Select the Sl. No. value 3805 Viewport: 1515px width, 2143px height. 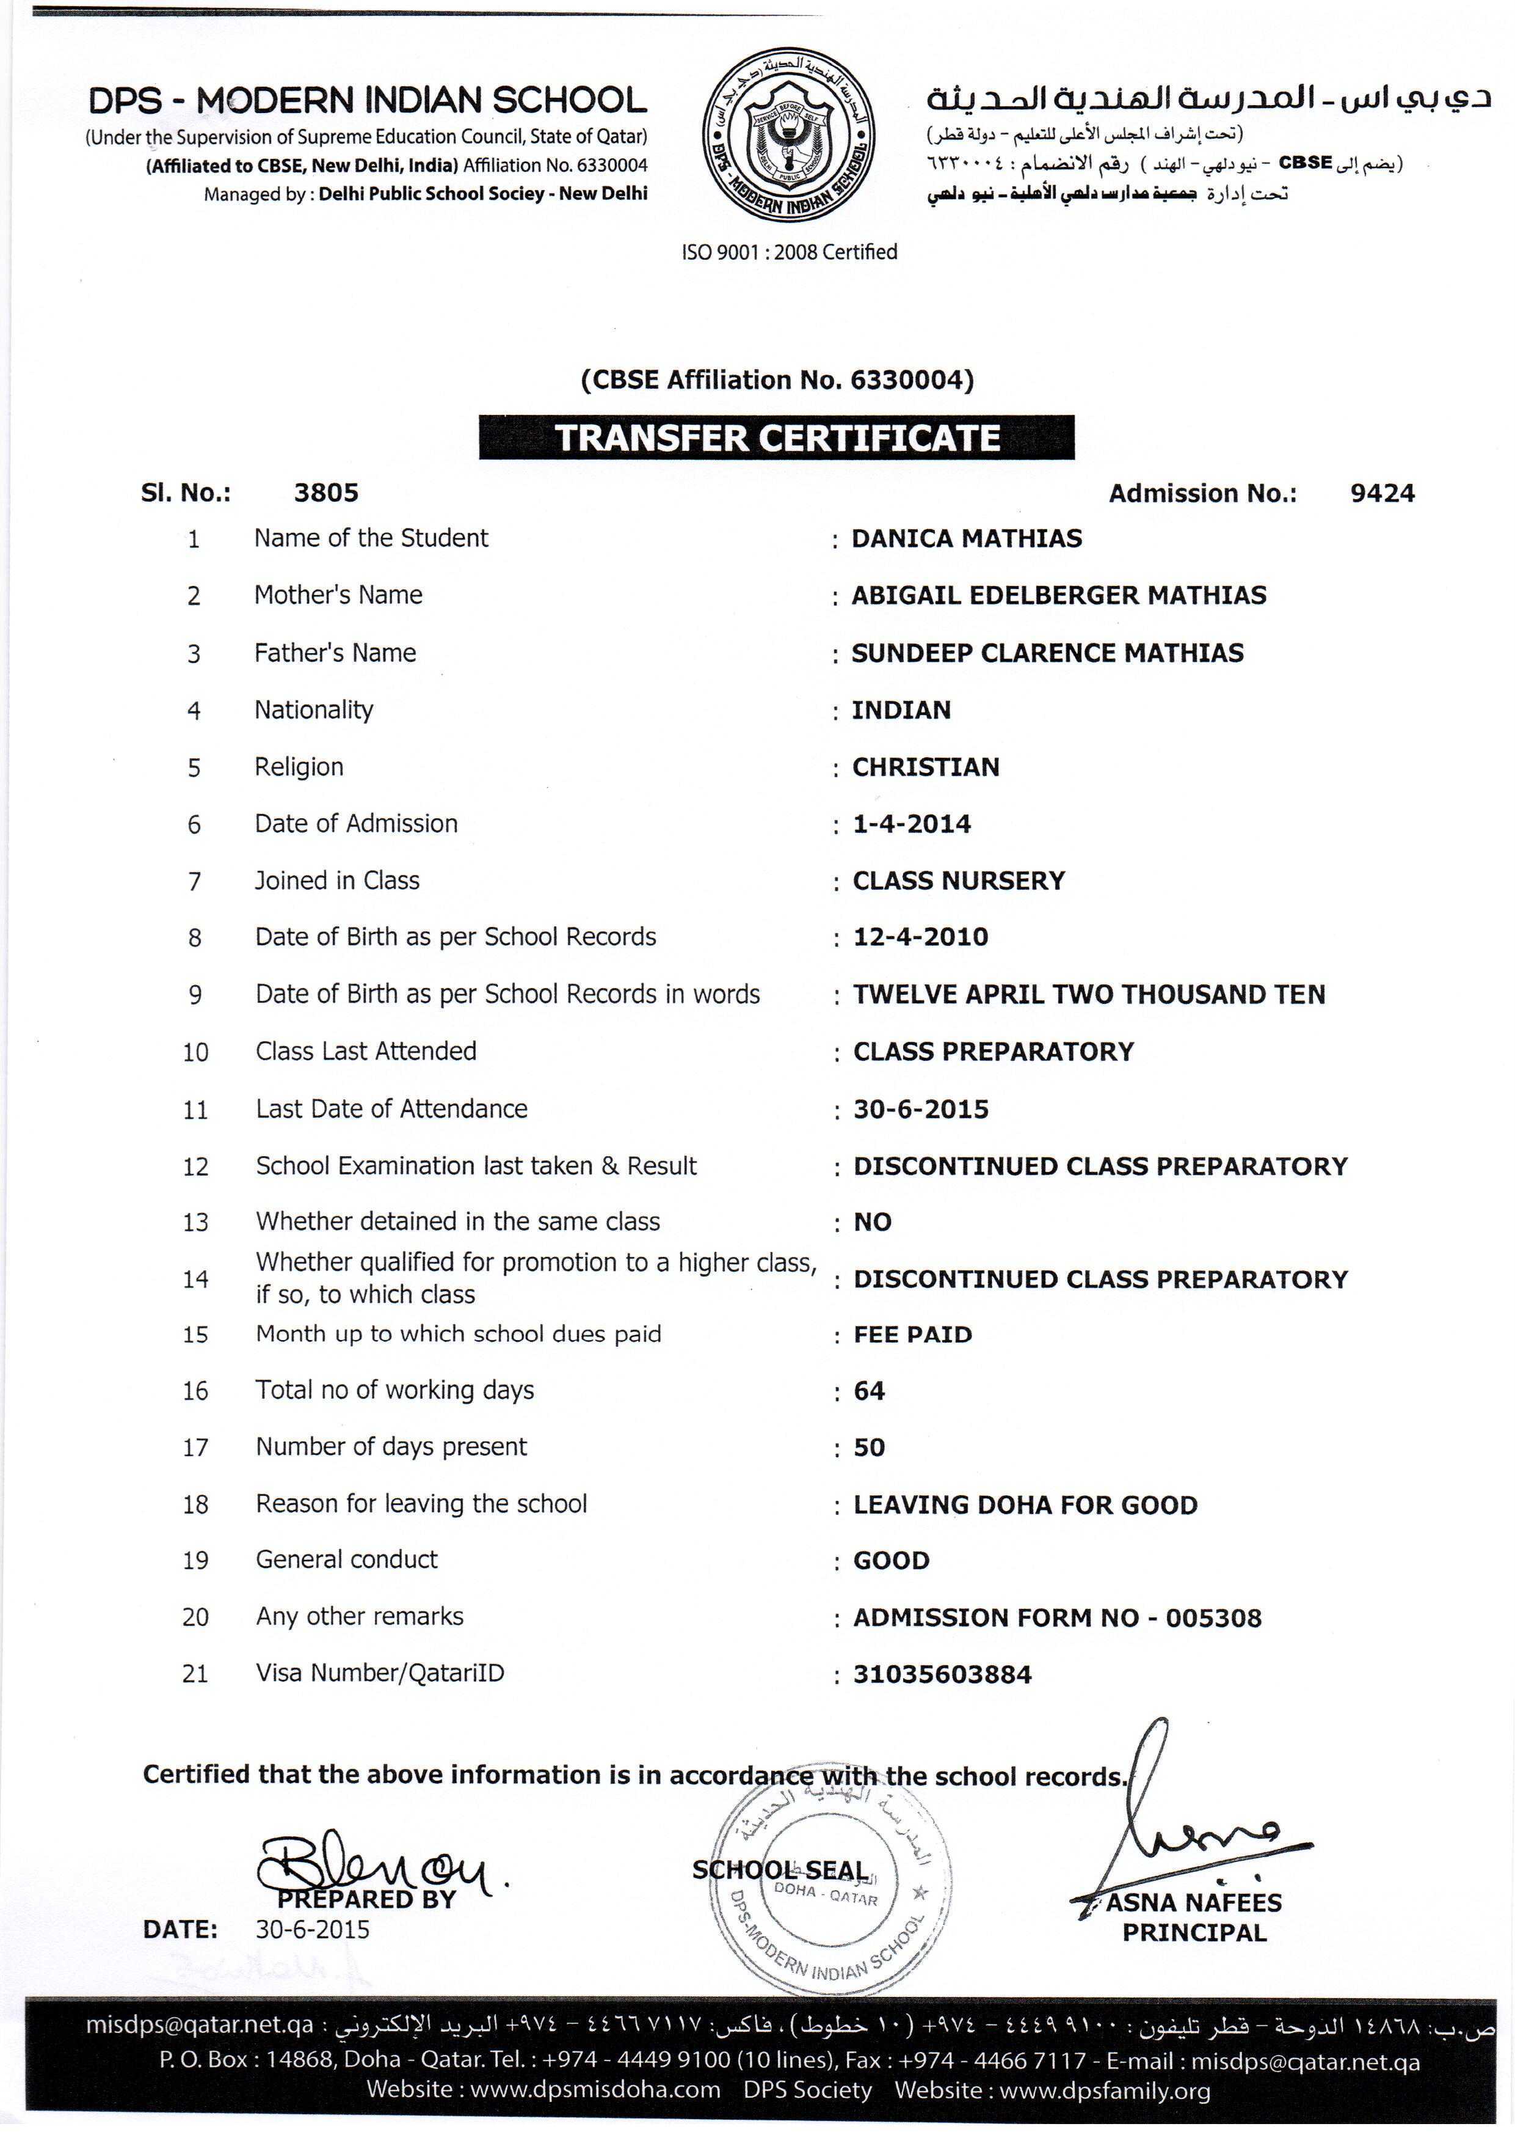click(x=325, y=493)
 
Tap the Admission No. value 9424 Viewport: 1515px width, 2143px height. click(x=1382, y=494)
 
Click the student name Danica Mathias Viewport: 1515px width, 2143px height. click(x=967, y=538)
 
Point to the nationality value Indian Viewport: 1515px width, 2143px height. click(x=901, y=710)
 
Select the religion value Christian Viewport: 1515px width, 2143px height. click(x=925, y=767)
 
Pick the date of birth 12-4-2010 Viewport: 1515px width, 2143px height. click(x=920, y=937)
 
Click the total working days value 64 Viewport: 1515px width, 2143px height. click(x=868, y=1391)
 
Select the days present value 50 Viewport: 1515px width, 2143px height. click(x=868, y=1448)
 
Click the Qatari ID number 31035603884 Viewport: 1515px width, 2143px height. click(x=942, y=1674)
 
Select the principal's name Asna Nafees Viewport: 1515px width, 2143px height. click(x=1194, y=1902)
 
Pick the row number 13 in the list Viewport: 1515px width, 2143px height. click(x=195, y=1223)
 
